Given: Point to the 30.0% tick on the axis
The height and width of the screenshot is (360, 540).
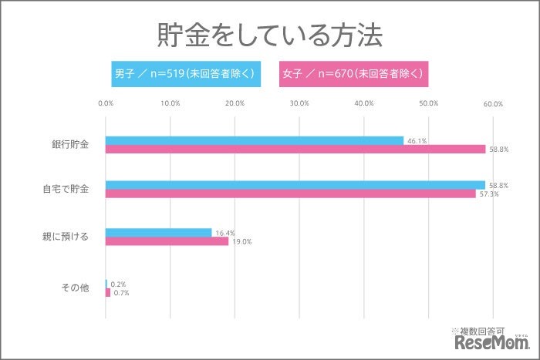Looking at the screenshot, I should (299, 103).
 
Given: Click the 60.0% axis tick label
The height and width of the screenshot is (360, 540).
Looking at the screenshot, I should (492, 103).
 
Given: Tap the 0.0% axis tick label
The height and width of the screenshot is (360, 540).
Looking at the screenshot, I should (106, 103).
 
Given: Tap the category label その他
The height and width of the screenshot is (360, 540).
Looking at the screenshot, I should (75, 288).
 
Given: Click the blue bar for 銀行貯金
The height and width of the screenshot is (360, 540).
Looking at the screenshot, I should (254, 140).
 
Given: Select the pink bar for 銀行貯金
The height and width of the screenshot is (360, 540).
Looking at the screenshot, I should (295, 150).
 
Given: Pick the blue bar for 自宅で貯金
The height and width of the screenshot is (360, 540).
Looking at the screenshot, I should (295, 185).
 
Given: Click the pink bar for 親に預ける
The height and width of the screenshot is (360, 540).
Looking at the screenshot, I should (166, 241).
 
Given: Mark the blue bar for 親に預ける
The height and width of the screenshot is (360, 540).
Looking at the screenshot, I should (158, 232).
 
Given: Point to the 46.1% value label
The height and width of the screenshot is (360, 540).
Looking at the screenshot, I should (417, 141).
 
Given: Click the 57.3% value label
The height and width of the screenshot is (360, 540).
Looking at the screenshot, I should (489, 194).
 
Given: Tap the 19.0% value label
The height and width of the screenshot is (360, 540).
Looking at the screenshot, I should (241, 242).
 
